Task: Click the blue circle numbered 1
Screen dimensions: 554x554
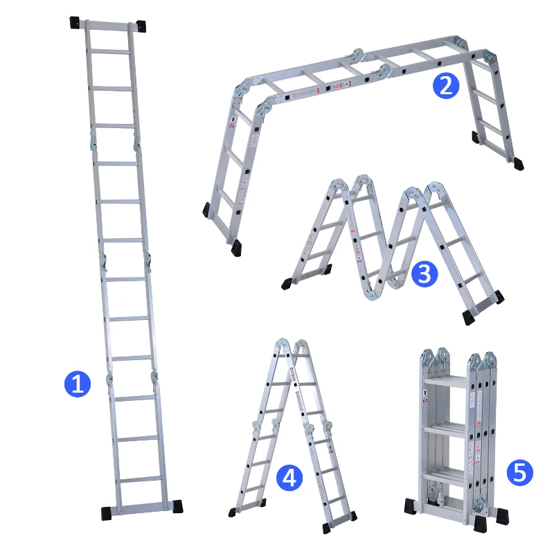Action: tap(77, 383)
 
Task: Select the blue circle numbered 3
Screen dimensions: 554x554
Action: tap(424, 274)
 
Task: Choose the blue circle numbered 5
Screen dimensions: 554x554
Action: tap(520, 473)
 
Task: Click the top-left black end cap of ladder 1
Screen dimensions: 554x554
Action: tap(75, 22)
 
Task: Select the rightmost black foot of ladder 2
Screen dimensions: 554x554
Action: tap(518, 164)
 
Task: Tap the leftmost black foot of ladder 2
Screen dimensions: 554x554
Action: tap(206, 209)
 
